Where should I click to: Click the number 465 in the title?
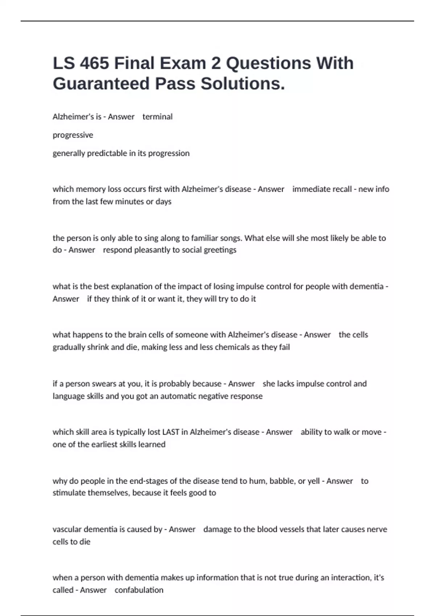pos(94,63)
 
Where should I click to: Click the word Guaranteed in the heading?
pos(101,84)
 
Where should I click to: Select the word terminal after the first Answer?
pos(157,117)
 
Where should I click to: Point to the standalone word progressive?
pos(73,135)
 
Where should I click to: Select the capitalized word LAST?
pos(171,432)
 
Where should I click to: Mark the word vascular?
pos(67,529)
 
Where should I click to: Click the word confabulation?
pos(139,590)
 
